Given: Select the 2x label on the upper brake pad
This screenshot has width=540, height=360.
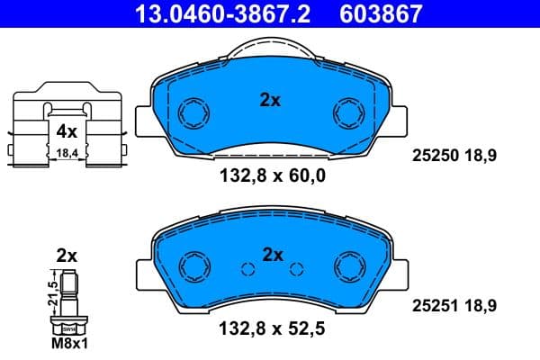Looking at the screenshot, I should (x=270, y=101).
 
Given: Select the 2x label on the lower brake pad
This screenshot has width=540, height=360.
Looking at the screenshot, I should (x=273, y=255).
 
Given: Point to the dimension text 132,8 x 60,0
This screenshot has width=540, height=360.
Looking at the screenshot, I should (x=271, y=176).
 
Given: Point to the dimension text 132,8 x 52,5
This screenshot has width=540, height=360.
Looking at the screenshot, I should (x=271, y=329).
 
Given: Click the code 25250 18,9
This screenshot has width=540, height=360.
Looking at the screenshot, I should (x=454, y=156).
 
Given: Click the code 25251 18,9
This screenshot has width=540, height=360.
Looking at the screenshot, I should (x=454, y=307).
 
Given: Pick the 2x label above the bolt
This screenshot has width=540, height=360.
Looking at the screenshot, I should (x=67, y=256).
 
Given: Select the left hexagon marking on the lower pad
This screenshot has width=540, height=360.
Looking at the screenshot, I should (x=193, y=266).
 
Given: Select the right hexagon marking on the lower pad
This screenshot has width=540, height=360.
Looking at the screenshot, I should (x=347, y=266).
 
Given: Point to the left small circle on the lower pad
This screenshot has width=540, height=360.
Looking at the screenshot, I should (x=245, y=267).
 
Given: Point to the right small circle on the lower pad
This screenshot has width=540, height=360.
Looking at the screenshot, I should (x=296, y=267).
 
